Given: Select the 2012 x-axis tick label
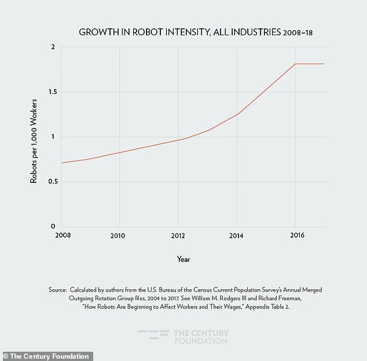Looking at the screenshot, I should [x=178, y=236].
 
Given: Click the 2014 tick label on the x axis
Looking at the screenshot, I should [x=237, y=236].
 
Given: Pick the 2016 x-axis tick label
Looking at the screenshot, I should [x=296, y=236].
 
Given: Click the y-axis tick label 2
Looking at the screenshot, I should [x=52, y=47].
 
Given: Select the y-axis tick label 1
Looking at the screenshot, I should [x=53, y=137].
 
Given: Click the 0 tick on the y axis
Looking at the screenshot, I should [x=53, y=227].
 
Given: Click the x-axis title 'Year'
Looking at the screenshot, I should [x=183, y=259].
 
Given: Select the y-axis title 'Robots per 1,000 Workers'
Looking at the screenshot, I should [x=34, y=137].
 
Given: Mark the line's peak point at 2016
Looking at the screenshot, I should [x=296, y=64].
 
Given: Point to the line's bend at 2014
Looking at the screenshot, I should [x=237, y=113].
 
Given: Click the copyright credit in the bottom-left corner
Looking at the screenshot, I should [x=46, y=356].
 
